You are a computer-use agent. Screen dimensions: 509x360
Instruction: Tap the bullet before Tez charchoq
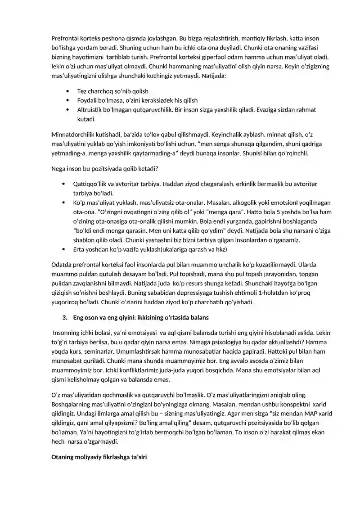coord(67,91)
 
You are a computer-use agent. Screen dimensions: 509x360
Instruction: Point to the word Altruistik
coord(91,110)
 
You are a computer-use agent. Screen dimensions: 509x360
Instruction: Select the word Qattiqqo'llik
coord(91,184)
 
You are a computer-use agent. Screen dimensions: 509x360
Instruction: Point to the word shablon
coord(83,240)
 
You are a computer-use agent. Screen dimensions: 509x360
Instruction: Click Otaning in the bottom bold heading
coord(63,457)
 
